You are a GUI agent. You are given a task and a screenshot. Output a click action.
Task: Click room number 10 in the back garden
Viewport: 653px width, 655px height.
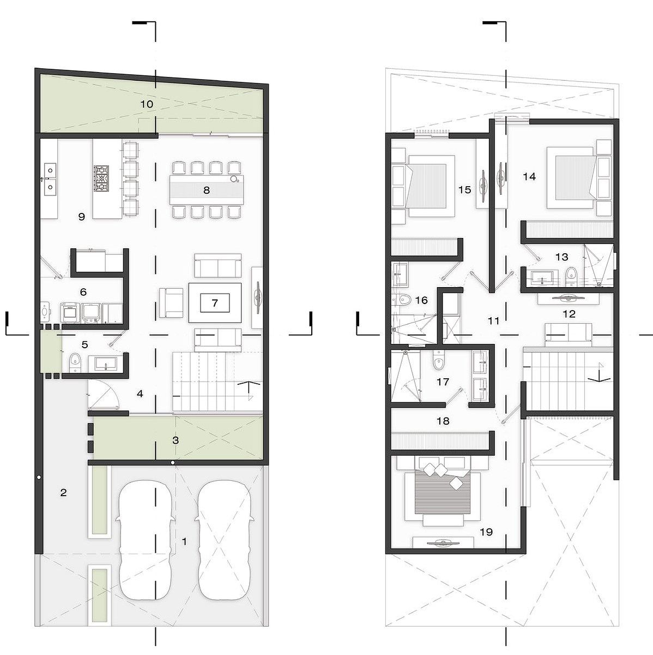pyautogui.click(x=147, y=104)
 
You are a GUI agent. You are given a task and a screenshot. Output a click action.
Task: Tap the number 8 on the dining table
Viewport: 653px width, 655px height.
pyautogui.click(x=207, y=190)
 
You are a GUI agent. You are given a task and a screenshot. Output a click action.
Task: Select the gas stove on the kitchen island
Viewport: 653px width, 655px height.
pyautogui.click(x=101, y=178)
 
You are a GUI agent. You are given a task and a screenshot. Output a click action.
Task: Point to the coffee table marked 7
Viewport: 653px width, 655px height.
pyautogui.click(x=215, y=303)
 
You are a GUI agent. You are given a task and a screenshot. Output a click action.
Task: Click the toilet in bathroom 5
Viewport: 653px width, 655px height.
pyautogui.click(x=75, y=362)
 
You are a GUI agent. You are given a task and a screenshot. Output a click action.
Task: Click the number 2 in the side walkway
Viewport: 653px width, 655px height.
pyautogui.click(x=63, y=492)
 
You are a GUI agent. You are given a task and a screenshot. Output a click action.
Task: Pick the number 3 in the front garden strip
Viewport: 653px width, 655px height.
pyautogui.click(x=176, y=440)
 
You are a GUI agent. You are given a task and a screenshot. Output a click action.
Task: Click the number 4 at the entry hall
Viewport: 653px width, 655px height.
pyautogui.click(x=140, y=394)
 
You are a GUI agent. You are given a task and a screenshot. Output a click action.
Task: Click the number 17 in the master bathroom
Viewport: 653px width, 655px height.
pyautogui.click(x=443, y=382)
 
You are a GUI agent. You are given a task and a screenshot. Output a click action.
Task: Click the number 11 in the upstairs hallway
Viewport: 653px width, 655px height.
pyautogui.click(x=493, y=320)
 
